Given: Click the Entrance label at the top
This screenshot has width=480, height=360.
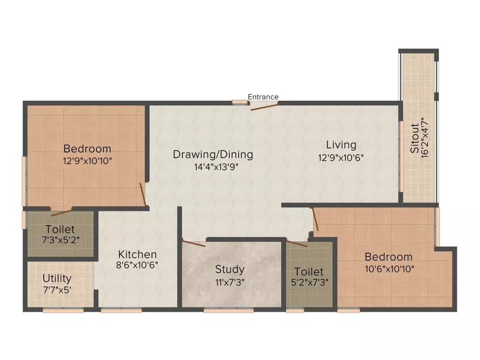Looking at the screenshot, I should pyautogui.click(x=263, y=97).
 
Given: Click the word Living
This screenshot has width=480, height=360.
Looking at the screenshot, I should pyautogui.click(x=341, y=145).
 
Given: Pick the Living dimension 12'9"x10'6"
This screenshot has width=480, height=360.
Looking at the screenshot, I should pyautogui.click(x=341, y=157).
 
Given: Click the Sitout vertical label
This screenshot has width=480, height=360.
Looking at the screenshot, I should pyautogui.click(x=415, y=139).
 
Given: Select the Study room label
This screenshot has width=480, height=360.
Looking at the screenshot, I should pyautogui.click(x=230, y=270).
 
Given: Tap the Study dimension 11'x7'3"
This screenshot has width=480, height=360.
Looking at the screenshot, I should pyautogui.click(x=230, y=282).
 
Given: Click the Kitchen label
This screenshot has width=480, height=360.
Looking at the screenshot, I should pyautogui.click(x=137, y=255).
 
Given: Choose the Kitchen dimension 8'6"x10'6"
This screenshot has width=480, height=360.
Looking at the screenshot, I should pyautogui.click(x=137, y=265).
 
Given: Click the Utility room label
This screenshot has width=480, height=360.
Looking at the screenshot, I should pyautogui.click(x=57, y=278).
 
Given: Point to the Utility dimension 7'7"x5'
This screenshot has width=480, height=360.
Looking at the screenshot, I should pyautogui.click(x=57, y=290).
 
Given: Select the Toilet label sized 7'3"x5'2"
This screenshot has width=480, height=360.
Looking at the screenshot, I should pyautogui.click(x=60, y=230).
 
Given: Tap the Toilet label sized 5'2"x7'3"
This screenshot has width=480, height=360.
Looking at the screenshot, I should pyautogui.click(x=309, y=272).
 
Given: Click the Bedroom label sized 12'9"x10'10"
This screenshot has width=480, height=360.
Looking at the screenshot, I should pyautogui.click(x=88, y=149).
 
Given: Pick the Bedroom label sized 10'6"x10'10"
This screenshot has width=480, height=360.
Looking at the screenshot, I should pyautogui.click(x=389, y=257).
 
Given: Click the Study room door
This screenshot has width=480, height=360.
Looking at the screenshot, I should pyautogui.click(x=194, y=243).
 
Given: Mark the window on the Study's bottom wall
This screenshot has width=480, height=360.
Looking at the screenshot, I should pyautogui.click(x=229, y=310).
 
